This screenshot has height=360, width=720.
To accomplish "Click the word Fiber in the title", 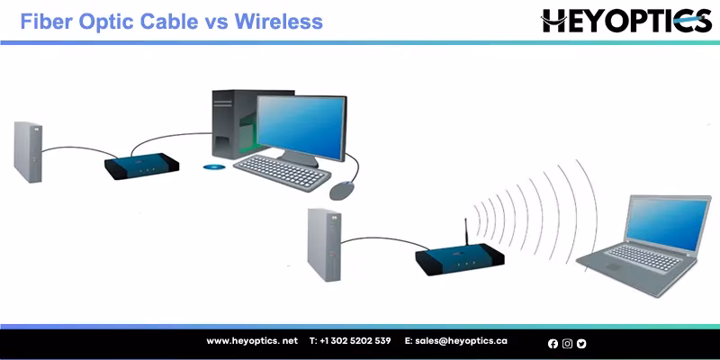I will click(x=44, y=20).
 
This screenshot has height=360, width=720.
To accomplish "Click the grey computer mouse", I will click(x=343, y=190).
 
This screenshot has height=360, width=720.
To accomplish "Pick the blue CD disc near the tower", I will click(x=213, y=166).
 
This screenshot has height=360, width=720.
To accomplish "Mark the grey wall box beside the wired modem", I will click(x=28, y=150).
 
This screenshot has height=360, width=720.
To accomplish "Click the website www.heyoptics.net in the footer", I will click(x=252, y=341).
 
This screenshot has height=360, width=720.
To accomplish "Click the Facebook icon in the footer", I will click(x=553, y=343).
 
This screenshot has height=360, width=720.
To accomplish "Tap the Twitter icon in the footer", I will click(x=581, y=343).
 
